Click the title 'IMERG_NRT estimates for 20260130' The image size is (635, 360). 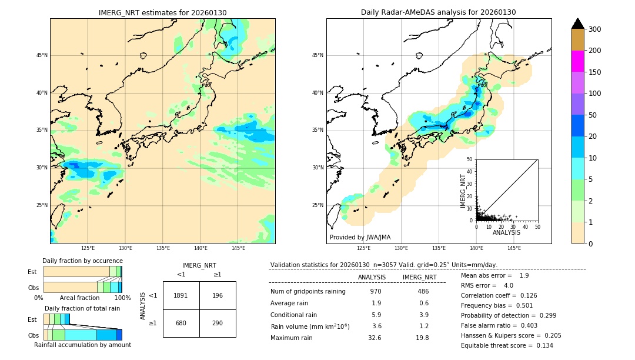coord(162,12)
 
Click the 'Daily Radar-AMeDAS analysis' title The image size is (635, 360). coord(438,12)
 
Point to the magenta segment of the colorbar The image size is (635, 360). coord(578,61)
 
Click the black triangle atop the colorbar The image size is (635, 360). coord(578,24)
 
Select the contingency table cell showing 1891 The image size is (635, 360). coord(181,295)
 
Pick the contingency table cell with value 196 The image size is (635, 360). coord(218,295)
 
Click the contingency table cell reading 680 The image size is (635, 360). coord(181,323)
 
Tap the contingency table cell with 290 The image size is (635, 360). coord(218,323)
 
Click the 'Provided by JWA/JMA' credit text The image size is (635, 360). coord(360,237)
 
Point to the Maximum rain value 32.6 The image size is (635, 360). coord(375,338)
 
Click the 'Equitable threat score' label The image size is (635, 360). coord(497,345)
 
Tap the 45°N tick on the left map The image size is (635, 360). coord(41,55)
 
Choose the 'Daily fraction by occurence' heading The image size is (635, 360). coord(82,261)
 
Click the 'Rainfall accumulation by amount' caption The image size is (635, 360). coord(82,345)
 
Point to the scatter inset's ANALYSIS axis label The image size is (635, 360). coord(506,232)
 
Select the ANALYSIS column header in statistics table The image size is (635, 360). coord(372,277)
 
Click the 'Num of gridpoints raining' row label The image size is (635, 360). coord(308,291)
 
